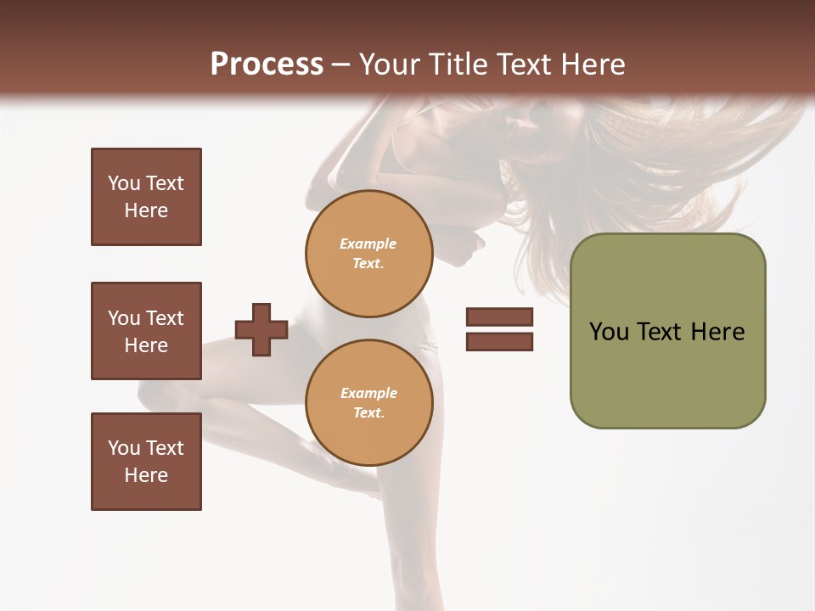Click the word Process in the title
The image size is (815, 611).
pos(267,64)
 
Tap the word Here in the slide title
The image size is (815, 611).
pos(594,64)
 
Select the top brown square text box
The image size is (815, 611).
pos(146,197)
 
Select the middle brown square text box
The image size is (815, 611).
pos(146,331)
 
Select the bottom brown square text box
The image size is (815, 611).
pos(146,462)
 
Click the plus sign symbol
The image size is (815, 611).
pos(261,329)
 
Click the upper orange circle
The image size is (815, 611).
pos(369,253)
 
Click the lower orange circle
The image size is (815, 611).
pos(369,402)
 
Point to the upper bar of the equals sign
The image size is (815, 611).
pos(499,317)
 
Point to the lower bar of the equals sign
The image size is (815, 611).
pos(499,341)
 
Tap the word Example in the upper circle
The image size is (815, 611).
pos(368,244)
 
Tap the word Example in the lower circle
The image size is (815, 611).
pos(368,393)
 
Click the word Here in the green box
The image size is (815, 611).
pos(717,332)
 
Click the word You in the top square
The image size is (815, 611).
pos(124,183)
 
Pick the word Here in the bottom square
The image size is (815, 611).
pos(146,475)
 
